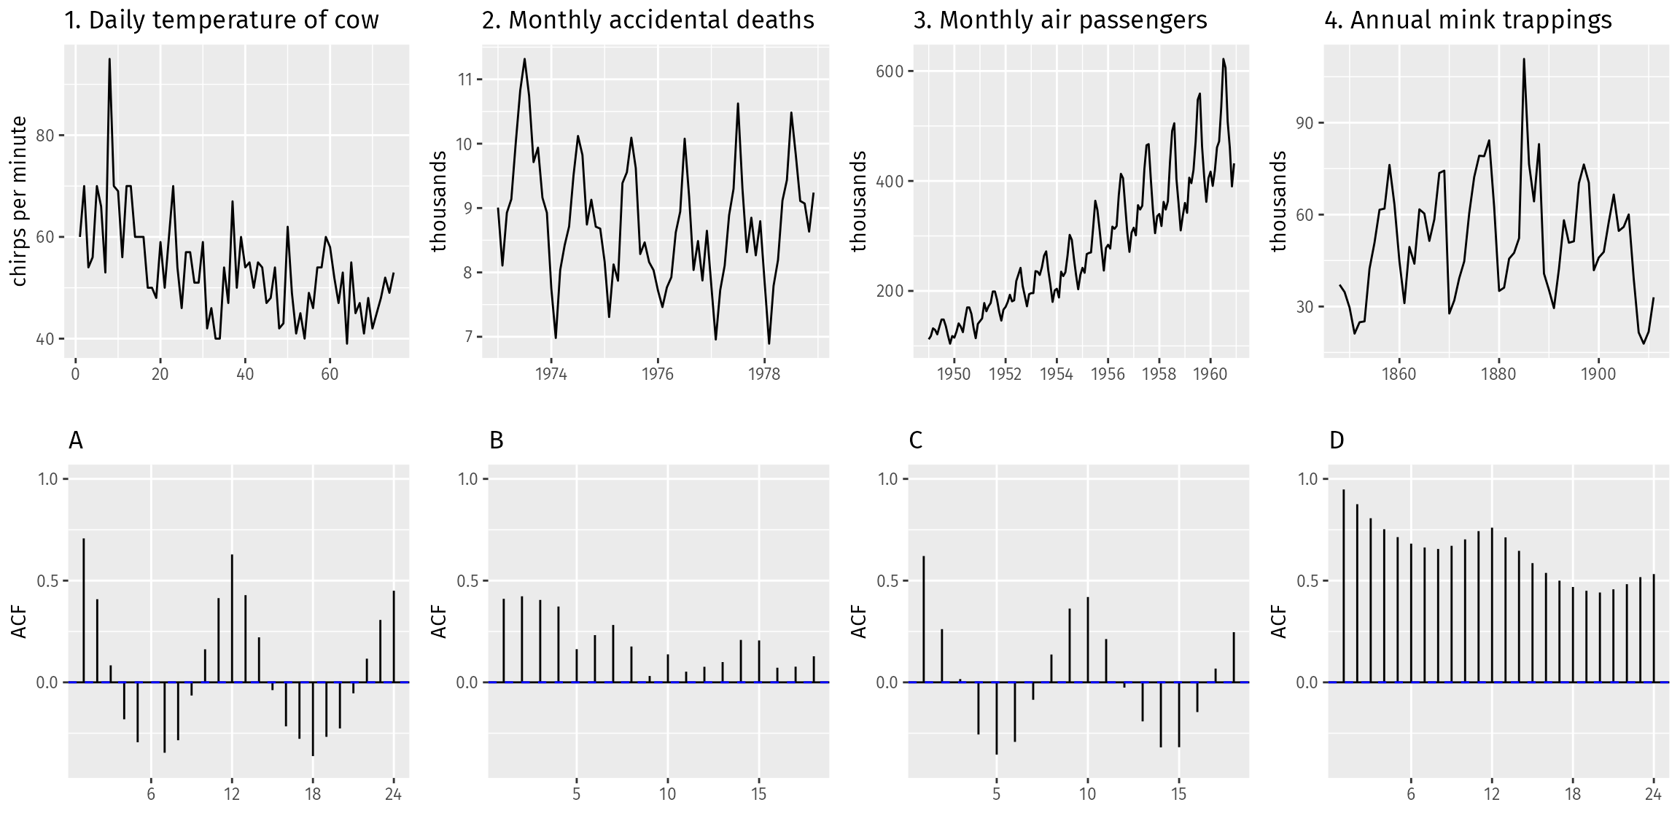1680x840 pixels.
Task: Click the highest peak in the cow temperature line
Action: point(109,60)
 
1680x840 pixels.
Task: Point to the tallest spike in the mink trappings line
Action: point(1523,60)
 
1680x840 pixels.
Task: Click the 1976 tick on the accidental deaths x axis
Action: point(658,374)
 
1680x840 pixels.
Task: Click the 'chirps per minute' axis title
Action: point(20,201)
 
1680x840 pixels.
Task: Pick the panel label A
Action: point(76,440)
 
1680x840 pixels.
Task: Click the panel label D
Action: point(1337,440)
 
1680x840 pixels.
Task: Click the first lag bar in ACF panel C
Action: point(924,619)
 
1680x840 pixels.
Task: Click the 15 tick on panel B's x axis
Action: point(758,793)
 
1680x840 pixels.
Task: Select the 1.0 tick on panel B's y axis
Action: point(467,479)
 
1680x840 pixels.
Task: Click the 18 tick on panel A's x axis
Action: point(313,793)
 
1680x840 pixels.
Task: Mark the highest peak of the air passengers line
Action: point(1224,60)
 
